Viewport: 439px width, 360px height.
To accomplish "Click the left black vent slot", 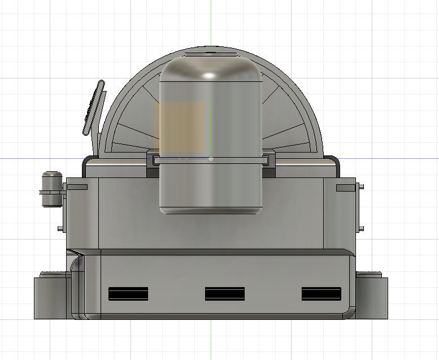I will pyautogui.click(x=128, y=294).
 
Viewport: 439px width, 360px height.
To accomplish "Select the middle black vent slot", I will pyautogui.click(x=224, y=294).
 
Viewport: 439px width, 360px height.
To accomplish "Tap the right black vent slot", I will pyautogui.click(x=321, y=294).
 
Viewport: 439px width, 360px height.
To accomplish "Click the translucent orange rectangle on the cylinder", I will pyautogui.click(x=180, y=127).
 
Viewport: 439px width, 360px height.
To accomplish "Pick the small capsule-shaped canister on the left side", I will pyautogui.click(x=52, y=189).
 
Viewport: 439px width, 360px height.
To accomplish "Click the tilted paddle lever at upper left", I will pyautogui.click(x=94, y=107).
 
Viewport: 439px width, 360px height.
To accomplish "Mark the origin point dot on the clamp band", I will pyautogui.click(x=211, y=159).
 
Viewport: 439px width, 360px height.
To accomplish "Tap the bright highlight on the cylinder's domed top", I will pyautogui.click(x=210, y=75).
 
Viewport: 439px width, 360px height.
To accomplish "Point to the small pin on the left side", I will pyautogui.click(x=60, y=228).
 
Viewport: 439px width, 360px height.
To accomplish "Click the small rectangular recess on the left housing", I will pyautogui.click(x=77, y=187).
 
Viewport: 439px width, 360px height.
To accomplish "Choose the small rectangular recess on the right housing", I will pyautogui.click(x=345, y=187).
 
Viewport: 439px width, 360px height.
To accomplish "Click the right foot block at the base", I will pyautogui.click(x=372, y=297).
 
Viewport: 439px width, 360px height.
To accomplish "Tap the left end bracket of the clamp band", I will pyautogui.click(x=153, y=160).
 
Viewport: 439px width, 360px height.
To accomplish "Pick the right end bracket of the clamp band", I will pyautogui.click(x=268, y=160).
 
